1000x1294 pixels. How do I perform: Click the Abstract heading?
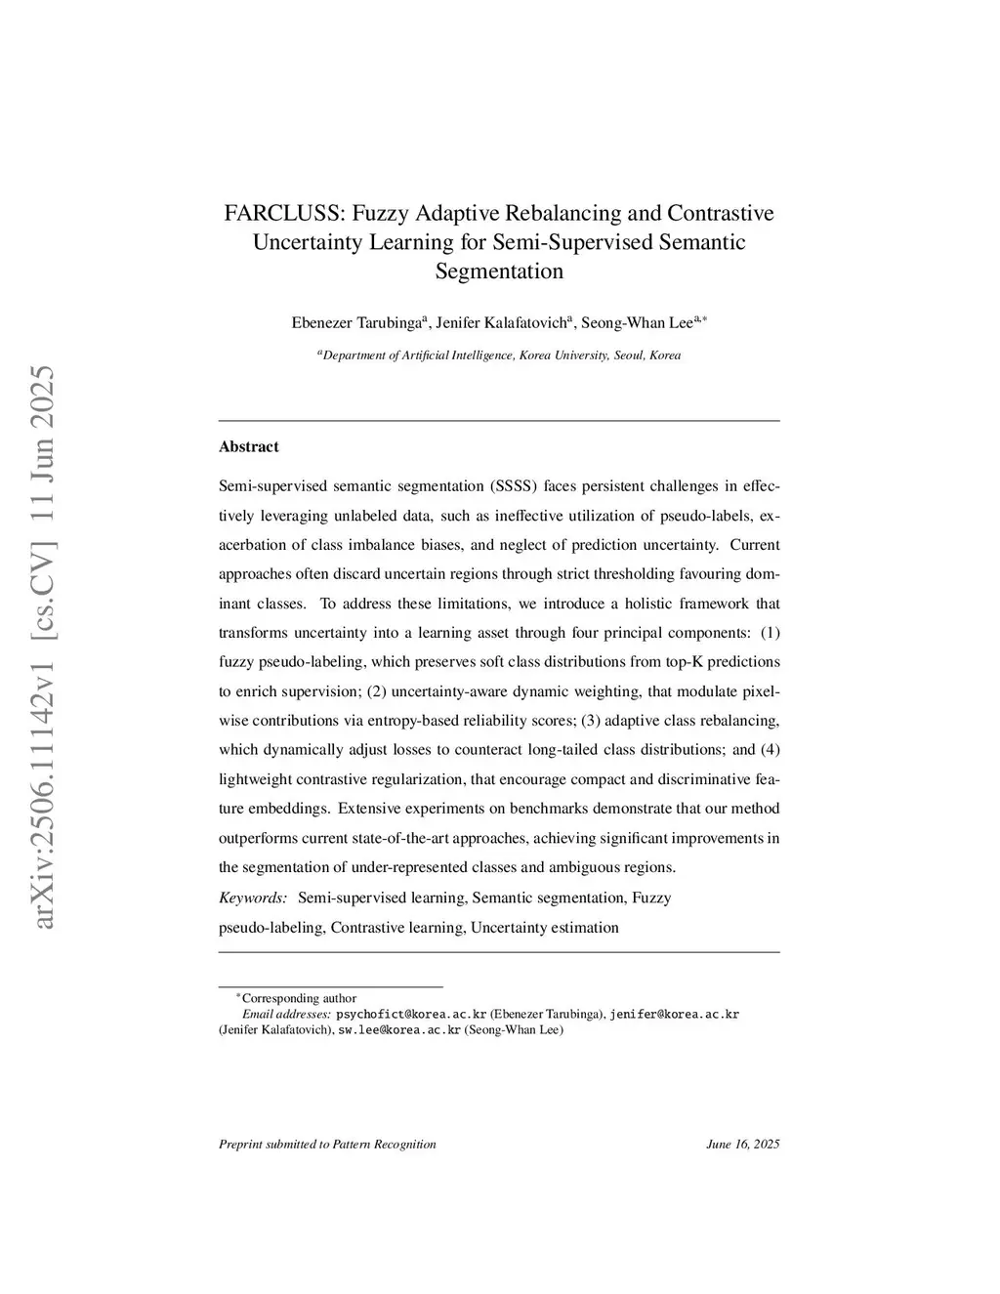[x=249, y=446]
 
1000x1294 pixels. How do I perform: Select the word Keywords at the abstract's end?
[x=252, y=897]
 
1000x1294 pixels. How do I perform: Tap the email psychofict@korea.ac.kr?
[x=411, y=1014]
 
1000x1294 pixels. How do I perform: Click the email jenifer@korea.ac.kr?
[x=674, y=1014]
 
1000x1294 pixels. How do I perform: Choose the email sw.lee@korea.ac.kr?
[x=398, y=1029]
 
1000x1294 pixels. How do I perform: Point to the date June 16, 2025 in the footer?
[x=742, y=1144]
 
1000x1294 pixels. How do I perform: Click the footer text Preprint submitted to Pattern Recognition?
[x=327, y=1144]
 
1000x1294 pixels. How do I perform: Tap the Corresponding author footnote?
[x=299, y=998]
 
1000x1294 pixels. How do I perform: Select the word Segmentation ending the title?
[x=499, y=271]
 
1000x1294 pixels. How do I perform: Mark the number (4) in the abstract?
[x=770, y=750]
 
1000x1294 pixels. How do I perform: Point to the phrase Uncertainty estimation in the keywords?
[x=544, y=927]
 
